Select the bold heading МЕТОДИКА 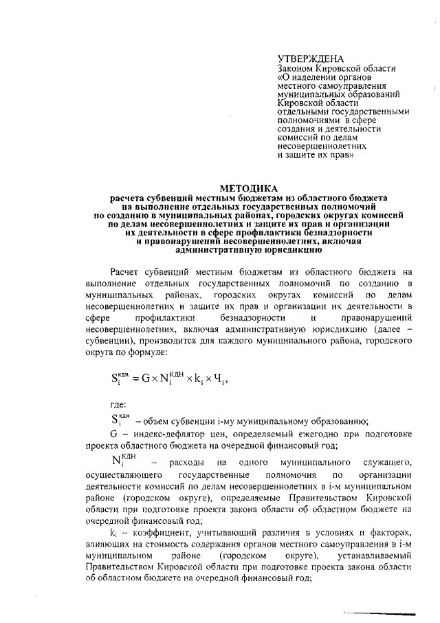[248, 188]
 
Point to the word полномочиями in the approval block [308, 120]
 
